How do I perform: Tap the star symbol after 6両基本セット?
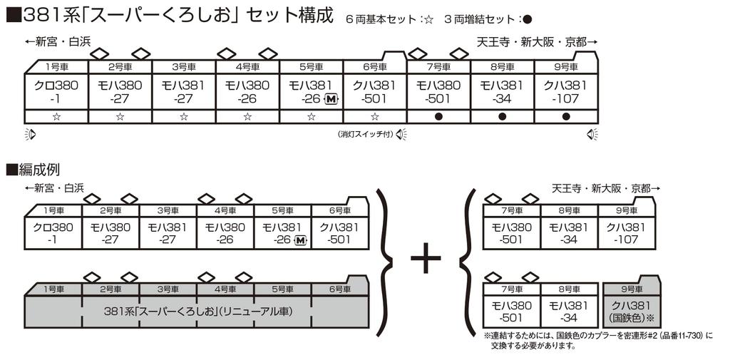(428, 19)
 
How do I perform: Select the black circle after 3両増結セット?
(527, 19)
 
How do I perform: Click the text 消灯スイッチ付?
(366, 135)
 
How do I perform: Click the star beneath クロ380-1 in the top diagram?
(56, 116)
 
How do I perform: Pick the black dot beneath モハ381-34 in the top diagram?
(502, 116)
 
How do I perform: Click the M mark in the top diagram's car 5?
(331, 98)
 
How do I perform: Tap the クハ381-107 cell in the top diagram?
(565, 92)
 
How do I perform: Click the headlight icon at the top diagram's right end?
(592, 135)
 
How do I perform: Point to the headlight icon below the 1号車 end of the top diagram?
(30, 135)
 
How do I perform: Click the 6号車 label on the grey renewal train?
(339, 289)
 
